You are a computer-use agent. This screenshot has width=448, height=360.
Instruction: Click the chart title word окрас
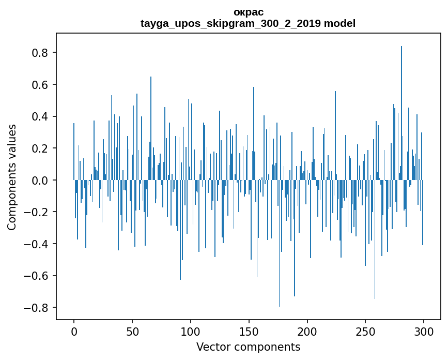tap(248, 12)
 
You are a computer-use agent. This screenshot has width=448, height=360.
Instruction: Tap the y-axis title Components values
tap(12, 177)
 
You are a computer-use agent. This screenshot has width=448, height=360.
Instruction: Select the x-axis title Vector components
tap(248, 347)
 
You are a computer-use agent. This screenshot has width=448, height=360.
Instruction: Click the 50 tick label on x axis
tap(132, 332)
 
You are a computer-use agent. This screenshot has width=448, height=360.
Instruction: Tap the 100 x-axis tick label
tap(191, 332)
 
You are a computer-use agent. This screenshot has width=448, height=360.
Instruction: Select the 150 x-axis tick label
tap(249, 332)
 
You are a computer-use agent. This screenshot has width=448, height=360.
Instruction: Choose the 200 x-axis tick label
tap(307, 332)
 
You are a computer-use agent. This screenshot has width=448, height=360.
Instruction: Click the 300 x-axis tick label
tap(424, 332)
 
